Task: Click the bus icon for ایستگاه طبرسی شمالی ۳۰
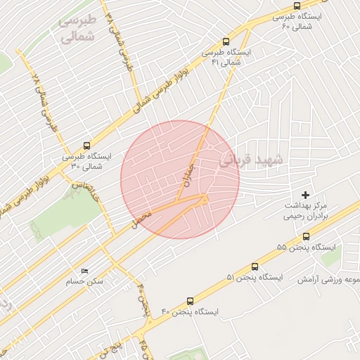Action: (86, 146)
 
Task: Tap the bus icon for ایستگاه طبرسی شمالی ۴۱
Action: (225, 41)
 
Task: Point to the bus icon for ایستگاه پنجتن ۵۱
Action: (255, 266)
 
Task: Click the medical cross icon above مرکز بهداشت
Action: (305, 194)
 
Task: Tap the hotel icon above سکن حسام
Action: (85, 271)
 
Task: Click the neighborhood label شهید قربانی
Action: (252, 160)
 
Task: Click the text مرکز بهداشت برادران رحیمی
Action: (306, 211)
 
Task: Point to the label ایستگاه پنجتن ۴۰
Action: (190, 311)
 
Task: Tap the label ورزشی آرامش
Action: (328, 279)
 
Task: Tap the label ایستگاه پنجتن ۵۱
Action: (254, 278)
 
